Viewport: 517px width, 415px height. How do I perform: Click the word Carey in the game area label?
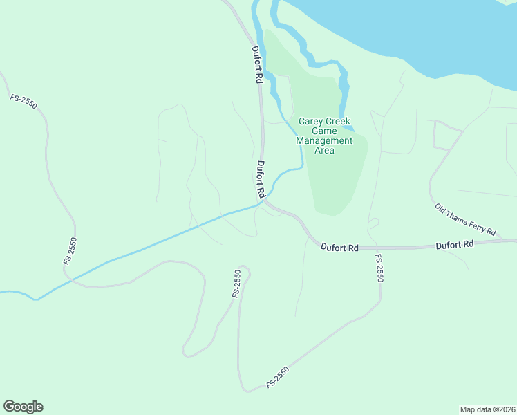tap(310, 122)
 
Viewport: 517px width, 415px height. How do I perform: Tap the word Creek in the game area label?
tap(337, 122)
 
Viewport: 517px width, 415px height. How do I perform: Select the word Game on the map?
tap(324, 131)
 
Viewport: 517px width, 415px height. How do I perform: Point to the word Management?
tap(324, 140)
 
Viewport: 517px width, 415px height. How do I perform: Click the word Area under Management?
tap(324, 150)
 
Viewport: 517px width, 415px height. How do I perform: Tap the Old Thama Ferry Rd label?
tap(465, 219)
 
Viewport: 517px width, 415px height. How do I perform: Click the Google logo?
tap(23, 407)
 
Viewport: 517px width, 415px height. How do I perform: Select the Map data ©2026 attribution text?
tap(487, 409)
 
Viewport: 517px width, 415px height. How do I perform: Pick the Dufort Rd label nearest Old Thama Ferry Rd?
tap(454, 244)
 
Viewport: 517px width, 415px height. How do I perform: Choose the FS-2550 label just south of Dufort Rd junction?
tap(379, 268)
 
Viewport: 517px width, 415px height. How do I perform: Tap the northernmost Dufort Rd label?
tap(257, 65)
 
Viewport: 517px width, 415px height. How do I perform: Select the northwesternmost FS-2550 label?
tap(23, 102)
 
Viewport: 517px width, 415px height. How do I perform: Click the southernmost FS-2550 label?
tap(276, 377)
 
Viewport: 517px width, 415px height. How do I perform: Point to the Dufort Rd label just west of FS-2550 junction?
tap(339, 247)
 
